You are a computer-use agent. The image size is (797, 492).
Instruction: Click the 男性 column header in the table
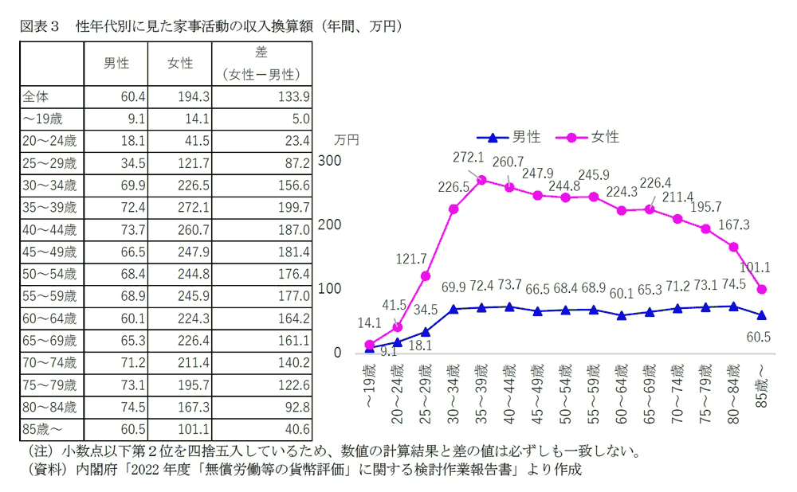point(116,64)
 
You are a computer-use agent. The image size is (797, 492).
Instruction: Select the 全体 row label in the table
point(37,96)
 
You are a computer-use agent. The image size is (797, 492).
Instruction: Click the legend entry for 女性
point(591,137)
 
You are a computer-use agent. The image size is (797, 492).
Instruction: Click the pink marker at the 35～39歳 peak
point(481,180)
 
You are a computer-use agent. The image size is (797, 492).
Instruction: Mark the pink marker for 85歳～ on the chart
point(762,289)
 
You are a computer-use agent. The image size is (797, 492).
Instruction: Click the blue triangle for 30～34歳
point(453,309)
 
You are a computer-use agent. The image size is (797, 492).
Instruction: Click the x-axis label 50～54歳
point(564,386)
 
